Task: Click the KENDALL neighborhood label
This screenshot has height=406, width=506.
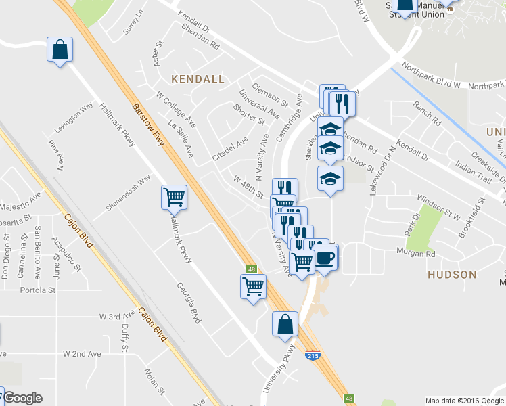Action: (x=198, y=79)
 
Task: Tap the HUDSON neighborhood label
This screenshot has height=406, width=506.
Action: (x=452, y=275)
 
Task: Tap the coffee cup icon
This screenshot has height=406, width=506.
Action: (x=325, y=258)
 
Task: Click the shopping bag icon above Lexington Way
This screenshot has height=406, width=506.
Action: (x=60, y=49)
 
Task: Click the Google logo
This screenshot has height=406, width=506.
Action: (x=22, y=399)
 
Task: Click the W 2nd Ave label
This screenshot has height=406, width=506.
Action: (x=82, y=354)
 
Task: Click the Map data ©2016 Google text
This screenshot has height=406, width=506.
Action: (x=463, y=400)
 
